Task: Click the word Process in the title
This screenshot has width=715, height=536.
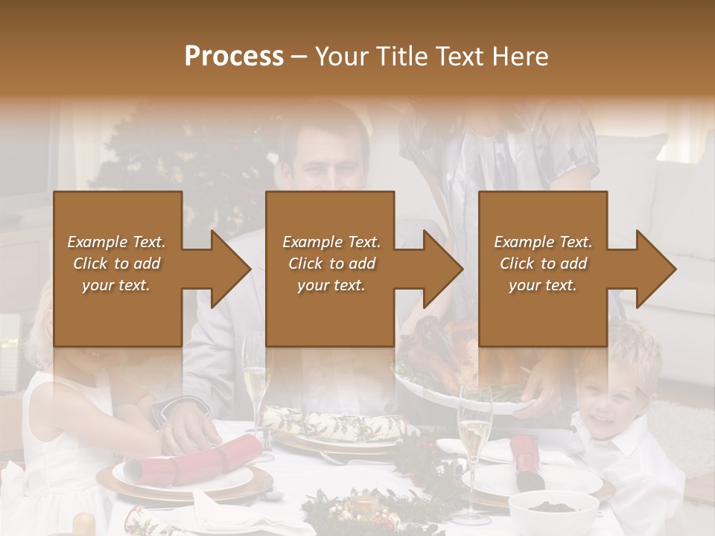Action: (x=234, y=57)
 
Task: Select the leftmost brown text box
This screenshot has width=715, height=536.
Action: (x=117, y=269)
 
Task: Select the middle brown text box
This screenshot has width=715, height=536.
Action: (x=330, y=269)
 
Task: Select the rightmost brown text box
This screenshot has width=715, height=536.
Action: (x=542, y=269)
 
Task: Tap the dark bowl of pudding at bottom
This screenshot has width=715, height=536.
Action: (x=553, y=510)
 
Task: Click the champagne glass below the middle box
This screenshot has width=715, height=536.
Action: (x=255, y=380)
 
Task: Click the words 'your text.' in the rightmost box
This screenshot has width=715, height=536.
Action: (x=542, y=285)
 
